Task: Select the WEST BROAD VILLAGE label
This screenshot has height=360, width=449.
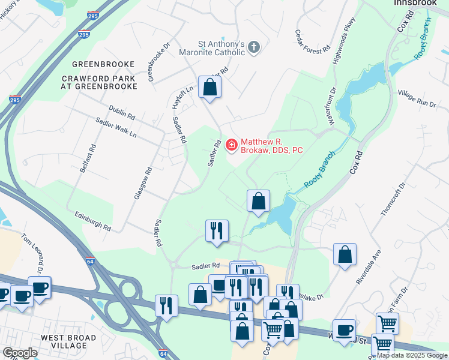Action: click(68, 343)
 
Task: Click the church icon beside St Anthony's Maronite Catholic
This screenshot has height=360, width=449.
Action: click(254, 47)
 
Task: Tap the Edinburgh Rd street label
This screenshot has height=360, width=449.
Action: click(93, 220)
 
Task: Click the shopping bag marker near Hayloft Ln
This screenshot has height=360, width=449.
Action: click(209, 87)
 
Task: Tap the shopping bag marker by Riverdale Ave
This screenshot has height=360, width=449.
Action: click(345, 254)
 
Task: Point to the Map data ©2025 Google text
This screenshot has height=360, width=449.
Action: click(412, 355)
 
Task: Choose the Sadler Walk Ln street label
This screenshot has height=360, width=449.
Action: click(116, 127)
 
